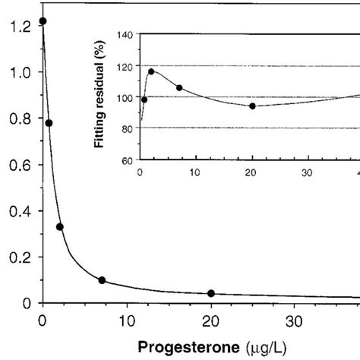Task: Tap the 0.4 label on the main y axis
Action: coord(17,211)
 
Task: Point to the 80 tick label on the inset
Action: coord(126,128)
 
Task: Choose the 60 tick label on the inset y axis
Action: coord(126,160)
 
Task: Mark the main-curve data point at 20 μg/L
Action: coord(211,293)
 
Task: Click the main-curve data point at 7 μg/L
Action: coord(102,280)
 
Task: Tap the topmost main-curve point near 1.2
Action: coord(43,21)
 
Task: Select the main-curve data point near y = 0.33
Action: coord(60,226)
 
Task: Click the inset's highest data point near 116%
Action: coord(151,71)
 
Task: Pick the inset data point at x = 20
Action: coord(252,106)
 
